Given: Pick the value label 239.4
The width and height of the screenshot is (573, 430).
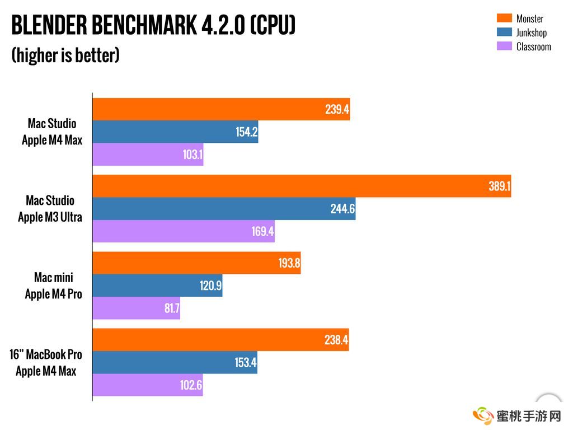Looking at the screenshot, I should tap(337, 110).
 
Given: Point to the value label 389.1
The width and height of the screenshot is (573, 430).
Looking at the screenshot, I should tap(499, 186).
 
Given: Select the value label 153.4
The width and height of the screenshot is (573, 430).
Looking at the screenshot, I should tap(245, 363).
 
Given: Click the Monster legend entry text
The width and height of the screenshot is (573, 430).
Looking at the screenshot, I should tap(529, 18).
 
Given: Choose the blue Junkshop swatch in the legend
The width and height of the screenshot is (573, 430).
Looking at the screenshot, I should tap(504, 32).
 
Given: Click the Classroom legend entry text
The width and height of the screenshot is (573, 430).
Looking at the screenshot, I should tap(533, 46).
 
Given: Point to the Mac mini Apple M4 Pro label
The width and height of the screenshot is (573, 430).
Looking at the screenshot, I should tap(53, 286).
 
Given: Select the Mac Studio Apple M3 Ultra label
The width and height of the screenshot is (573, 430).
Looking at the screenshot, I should tap(50, 209).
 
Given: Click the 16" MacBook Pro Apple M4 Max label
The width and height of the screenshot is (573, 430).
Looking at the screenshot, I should tap(46, 362).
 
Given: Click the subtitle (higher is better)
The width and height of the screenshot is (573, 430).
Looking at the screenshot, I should tap(65, 55).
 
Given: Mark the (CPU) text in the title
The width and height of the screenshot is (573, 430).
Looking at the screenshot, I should tap(273, 25).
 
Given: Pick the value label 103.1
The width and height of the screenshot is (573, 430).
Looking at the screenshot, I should tap(192, 155).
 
